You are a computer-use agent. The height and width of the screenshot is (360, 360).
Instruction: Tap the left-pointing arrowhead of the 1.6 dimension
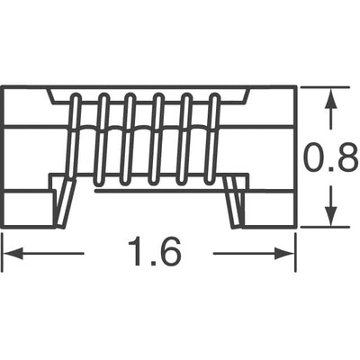point(11,254)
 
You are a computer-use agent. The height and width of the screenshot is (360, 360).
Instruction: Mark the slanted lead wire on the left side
point(65,201)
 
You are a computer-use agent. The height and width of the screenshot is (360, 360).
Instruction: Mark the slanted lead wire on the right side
point(236,201)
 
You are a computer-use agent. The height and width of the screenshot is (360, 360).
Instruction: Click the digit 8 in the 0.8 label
point(346,159)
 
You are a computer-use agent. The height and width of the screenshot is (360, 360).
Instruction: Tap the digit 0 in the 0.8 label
point(314,159)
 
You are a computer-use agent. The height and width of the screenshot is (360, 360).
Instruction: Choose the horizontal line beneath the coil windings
point(153,190)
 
